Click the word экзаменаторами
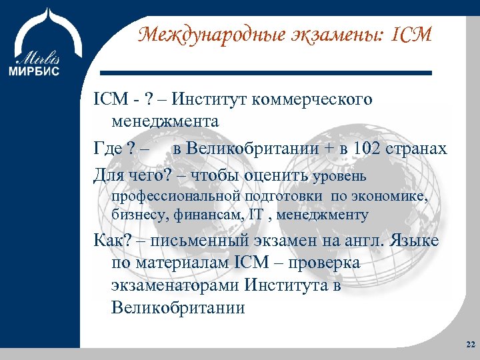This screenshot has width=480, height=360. coord(174,286)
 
